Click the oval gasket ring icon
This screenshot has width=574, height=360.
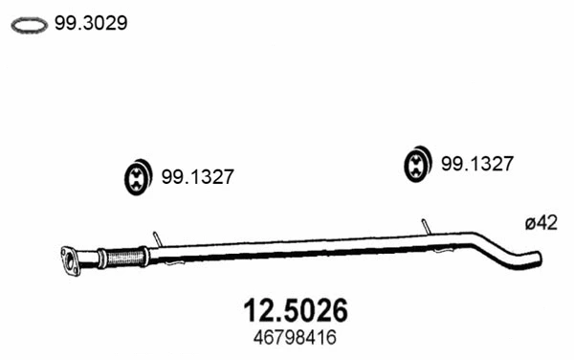point(29,26)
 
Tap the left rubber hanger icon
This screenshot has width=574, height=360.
point(139,177)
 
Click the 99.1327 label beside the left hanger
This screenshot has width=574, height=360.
point(197,177)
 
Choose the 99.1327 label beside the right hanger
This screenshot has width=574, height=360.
point(477,164)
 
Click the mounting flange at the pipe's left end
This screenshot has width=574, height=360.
point(70,259)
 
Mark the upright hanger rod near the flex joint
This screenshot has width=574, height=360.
point(155,236)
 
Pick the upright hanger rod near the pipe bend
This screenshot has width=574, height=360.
point(426,224)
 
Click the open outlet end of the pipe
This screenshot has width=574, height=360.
point(539,259)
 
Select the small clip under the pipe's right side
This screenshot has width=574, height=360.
point(441,250)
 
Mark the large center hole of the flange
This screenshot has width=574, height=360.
point(69,260)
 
